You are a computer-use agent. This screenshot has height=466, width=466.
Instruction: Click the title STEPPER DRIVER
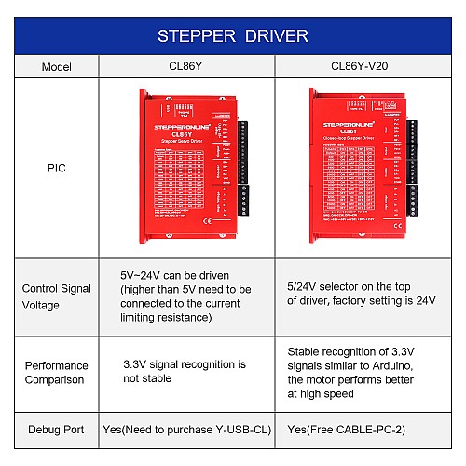[x=232, y=37]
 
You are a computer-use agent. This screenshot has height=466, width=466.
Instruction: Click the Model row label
[x=56, y=67]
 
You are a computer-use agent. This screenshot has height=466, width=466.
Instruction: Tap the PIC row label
[x=56, y=171]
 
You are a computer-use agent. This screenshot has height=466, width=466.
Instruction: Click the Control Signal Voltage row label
[x=56, y=295]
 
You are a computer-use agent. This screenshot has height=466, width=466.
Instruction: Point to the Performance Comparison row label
[x=56, y=373]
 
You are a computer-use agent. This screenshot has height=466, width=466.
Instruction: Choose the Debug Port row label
[x=56, y=430]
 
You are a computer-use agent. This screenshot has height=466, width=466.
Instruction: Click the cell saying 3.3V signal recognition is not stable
[x=185, y=372]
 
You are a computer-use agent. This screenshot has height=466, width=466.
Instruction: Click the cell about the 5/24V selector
[x=360, y=295]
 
